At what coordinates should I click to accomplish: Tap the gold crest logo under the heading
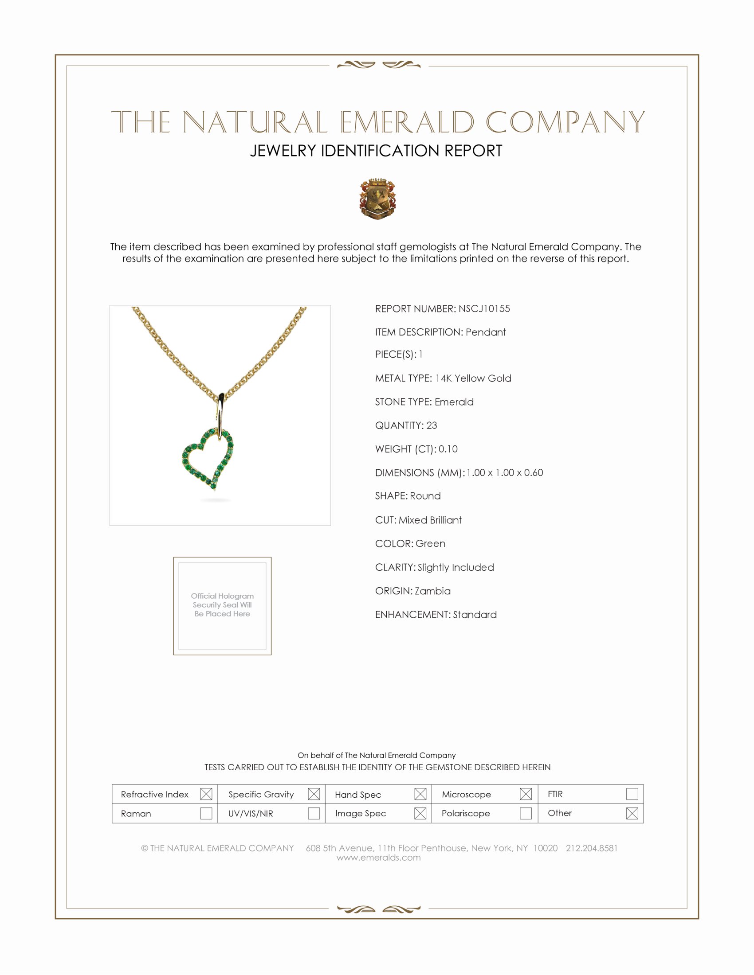pyautogui.click(x=377, y=199)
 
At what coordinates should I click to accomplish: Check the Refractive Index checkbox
pyautogui.click(x=206, y=794)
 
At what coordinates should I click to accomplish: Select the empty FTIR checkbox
pyautogui.click(x=632, y=794)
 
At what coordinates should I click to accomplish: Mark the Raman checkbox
pyautogui.click(x=206, y=813)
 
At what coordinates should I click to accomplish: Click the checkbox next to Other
pyautogui.click(x=632, y=813)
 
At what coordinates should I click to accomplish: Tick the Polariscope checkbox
pyautogui.click(x=526, y=813)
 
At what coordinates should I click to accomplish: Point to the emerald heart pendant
pyautogui.click(x=208, y=458)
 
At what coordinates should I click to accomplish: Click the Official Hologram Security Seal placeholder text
pyautogui.click(x=222, y=605)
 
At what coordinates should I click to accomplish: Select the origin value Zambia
pyautogui.click(x=432, y=591)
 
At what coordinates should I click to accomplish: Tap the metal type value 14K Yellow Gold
pyautogui.click(x=473, y=378)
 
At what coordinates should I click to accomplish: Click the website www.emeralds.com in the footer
pyautogui.click(x=378, y=858)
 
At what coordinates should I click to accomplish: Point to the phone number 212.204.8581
pyautogui.click(x=591, y=848)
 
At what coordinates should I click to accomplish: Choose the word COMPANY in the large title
pyautogui.click(x=565, y=122)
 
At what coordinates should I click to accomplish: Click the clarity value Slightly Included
pyautogui.click(x=456, y=567)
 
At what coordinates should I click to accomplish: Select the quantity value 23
pyautogui.click(x=432, y=425)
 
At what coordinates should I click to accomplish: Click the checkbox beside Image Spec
pyautogui.click(x=420, y=813)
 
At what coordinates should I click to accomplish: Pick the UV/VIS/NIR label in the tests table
pyautogui.click(x=251, y=813)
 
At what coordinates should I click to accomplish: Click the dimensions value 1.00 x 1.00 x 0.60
pyautogui.click(x=505, y=473)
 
